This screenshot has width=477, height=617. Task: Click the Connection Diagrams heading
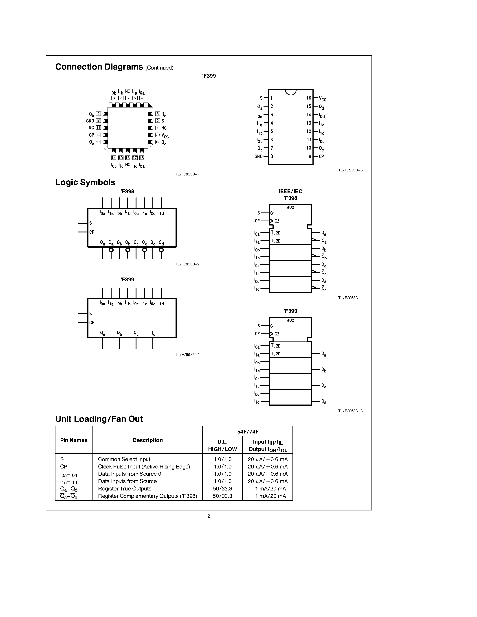[99, 67]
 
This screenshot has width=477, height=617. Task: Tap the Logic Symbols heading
[85, 182]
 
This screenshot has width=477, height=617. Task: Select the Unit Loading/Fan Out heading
[99, 419]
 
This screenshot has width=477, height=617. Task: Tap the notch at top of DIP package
[290, 92]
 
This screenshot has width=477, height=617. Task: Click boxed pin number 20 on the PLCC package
[158, 135]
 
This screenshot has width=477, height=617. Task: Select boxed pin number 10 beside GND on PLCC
[98, 121]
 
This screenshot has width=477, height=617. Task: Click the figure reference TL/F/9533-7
[187, 174]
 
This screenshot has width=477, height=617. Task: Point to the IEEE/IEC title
[290, 191]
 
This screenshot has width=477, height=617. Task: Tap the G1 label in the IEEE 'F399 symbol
[273, 326]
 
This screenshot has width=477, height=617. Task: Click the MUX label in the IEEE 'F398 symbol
[290, 208]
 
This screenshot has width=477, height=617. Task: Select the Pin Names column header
[74, 440]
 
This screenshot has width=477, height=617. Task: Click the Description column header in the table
[147, 440]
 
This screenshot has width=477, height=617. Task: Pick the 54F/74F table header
[248, 431]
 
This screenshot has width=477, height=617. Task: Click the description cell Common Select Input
[124, 459]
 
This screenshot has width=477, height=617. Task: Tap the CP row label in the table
[64, 467]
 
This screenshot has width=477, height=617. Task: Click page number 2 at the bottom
[209, 516]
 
